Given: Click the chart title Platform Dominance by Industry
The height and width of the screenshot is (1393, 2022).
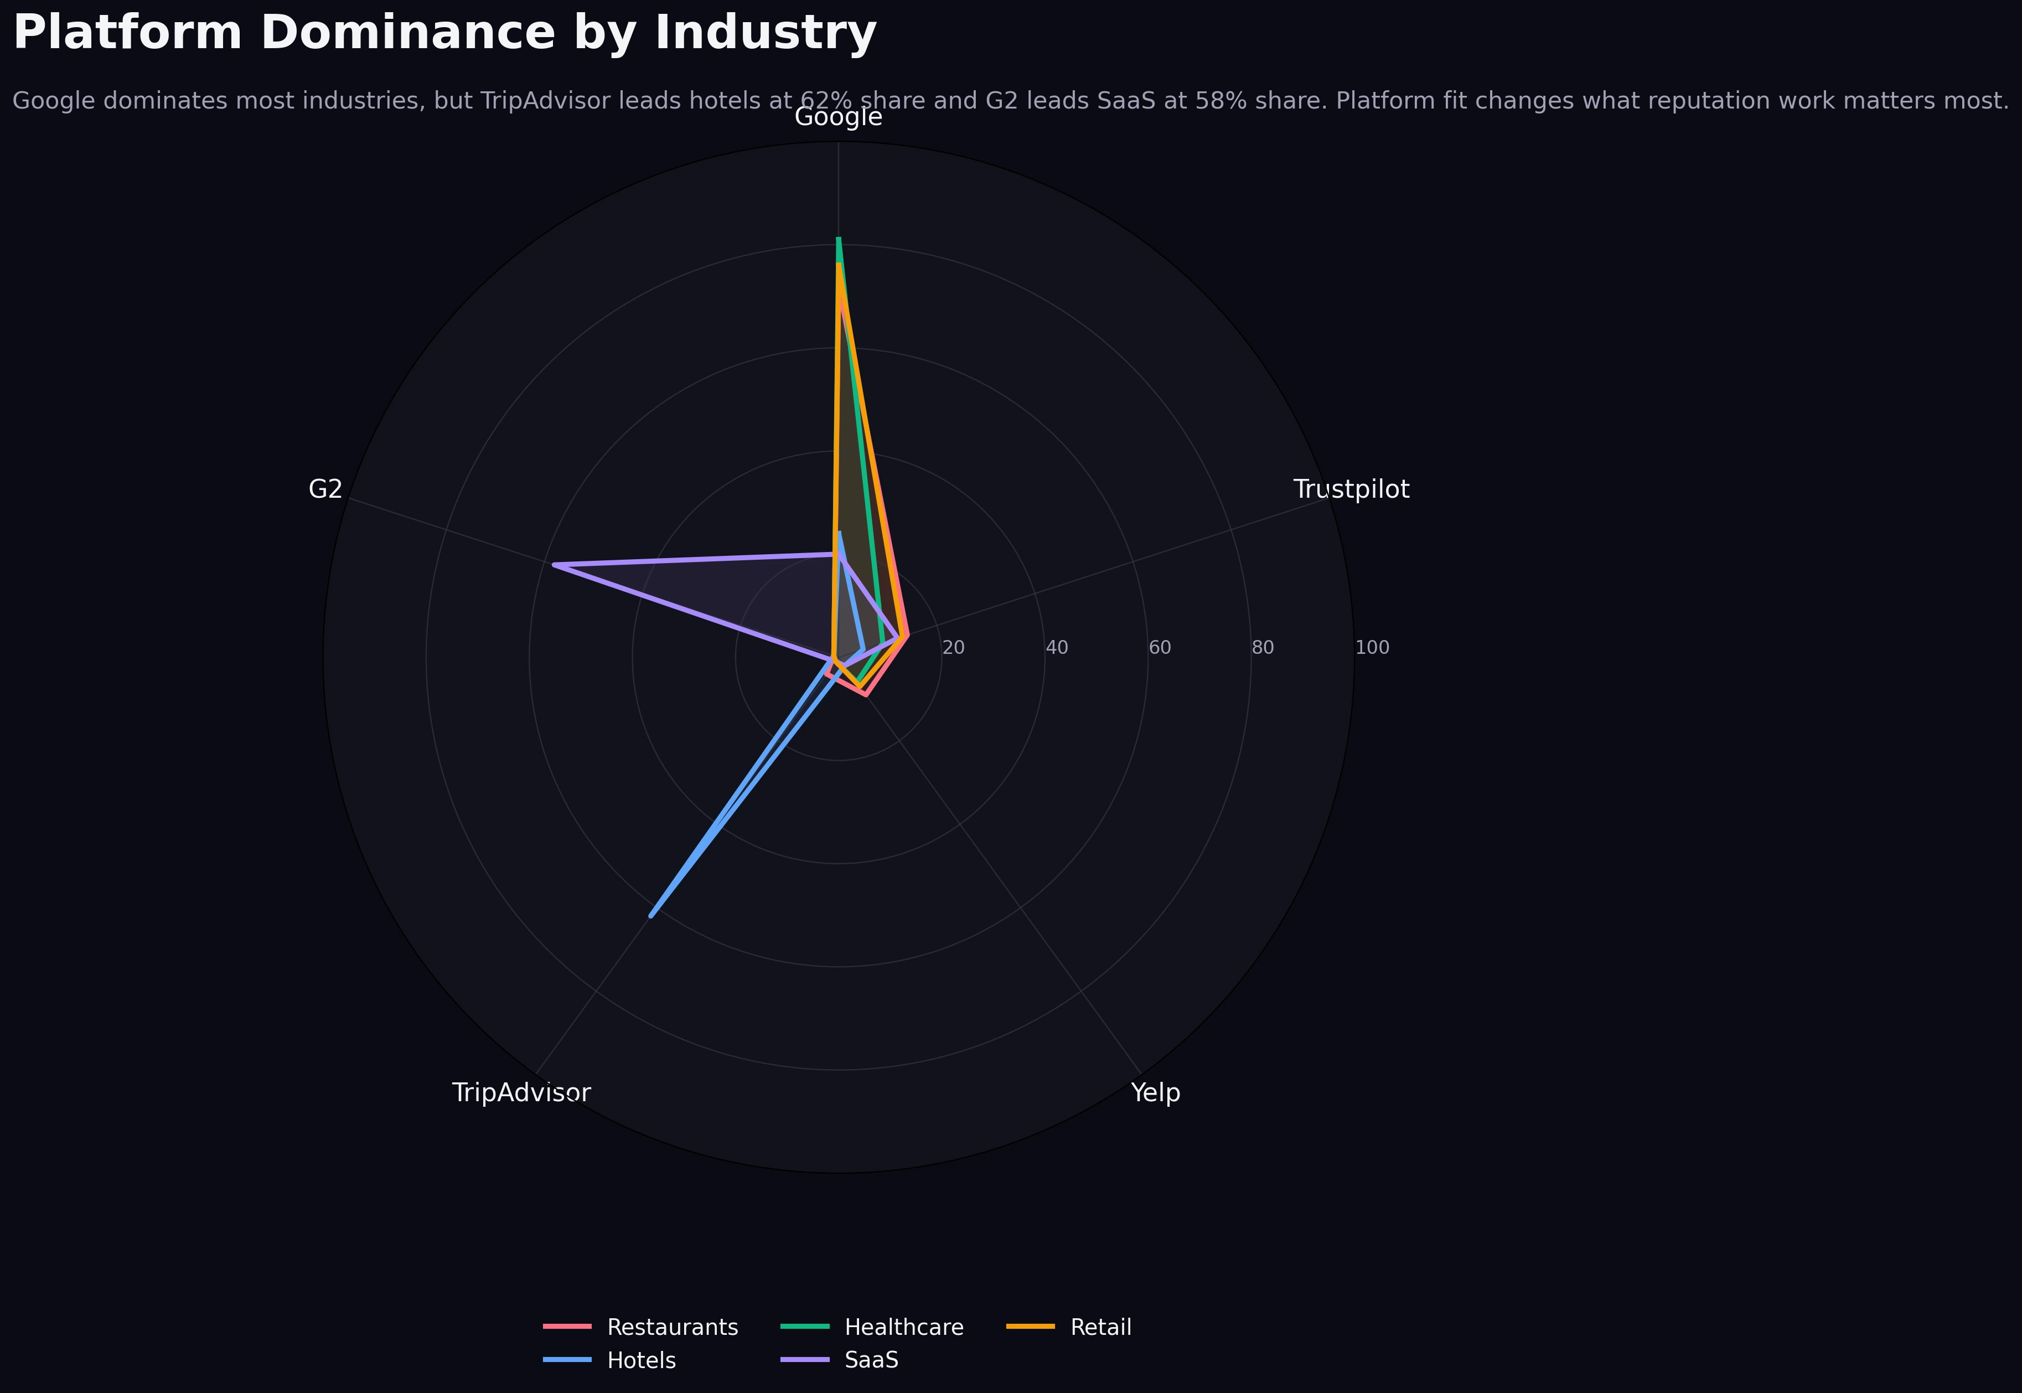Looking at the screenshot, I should click(444, 33).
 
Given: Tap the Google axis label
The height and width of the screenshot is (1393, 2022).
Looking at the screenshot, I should click(838, 117).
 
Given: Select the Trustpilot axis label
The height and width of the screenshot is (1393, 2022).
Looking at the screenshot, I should click(1350, 489).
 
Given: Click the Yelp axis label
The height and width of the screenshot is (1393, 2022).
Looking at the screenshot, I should click(1155, 1093).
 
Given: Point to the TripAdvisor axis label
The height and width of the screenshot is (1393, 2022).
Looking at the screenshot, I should click(521, 1093).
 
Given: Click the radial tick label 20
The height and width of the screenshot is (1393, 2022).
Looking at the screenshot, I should click(953, 648).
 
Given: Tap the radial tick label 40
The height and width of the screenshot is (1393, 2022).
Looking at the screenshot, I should click(1056, 648).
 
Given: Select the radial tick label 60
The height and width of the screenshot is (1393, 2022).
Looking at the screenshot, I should click(1159, 648).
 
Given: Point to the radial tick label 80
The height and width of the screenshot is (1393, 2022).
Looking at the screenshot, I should click(1262, 648).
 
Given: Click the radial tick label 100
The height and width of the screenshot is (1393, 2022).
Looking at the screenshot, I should click(1372, 648).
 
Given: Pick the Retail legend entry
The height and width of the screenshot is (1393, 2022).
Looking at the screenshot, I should click(1100, 1328).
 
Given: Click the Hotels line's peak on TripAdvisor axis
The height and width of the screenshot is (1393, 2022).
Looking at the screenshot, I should click(651, 916).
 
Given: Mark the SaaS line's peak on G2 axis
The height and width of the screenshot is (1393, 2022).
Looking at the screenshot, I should click(554, 565).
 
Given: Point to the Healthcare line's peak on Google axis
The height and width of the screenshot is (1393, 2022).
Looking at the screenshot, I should click(838, 238).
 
